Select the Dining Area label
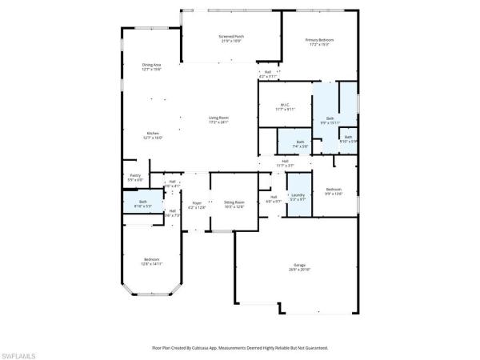(x=152, y=66)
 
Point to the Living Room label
(x=218, y=120)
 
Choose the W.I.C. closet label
(x=285, y=106)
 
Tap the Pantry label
(x=135, y=177)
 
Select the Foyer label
(x=197, y=206)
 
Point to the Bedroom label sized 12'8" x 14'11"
(x=152, y=261)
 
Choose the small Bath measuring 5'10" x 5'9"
(x=348, y=139)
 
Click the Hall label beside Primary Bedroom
(x=267, y=74)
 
